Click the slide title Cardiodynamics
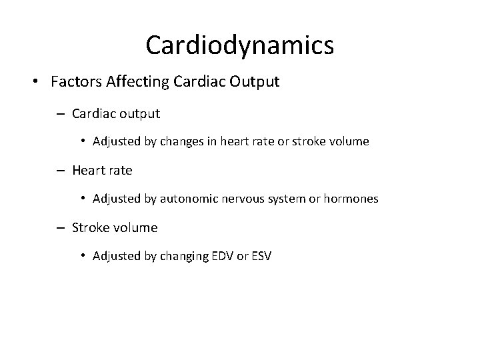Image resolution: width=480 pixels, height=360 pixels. point(239,45)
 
